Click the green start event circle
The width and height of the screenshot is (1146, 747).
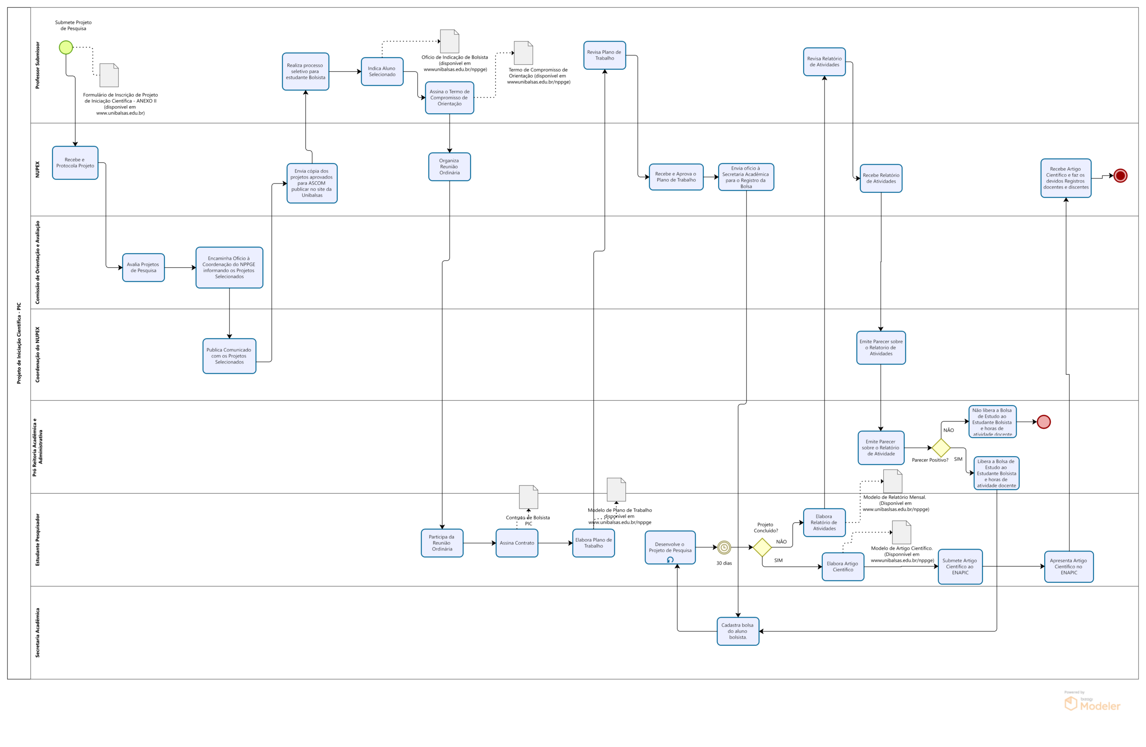pos(66,47)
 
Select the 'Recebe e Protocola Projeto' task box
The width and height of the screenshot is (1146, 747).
pos(75,162)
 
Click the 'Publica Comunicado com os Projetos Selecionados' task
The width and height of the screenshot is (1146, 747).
pos(229,356)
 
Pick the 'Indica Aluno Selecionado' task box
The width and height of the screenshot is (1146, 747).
pos(382,72)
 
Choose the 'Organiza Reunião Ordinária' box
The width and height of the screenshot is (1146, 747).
pos(449,167)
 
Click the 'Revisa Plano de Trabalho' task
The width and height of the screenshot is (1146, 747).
pos(604,55)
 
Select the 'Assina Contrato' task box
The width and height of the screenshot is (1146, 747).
pos(517,543)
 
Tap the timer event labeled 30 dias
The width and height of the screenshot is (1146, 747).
pos(724,547)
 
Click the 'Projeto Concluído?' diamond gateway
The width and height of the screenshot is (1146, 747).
pos(762,547)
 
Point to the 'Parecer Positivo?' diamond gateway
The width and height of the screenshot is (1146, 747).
pos(941,448)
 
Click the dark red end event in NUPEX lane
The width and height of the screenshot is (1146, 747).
pos(1120,176)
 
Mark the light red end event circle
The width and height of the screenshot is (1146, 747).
pos(1044,422)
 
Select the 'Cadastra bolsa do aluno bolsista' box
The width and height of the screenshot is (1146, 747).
pos(738,631)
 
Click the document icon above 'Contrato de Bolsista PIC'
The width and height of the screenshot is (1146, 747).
pos(528,497)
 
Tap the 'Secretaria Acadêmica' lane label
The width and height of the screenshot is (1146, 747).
pos(38,632)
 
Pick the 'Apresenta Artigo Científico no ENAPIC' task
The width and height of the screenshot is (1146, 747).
pos(1069,567)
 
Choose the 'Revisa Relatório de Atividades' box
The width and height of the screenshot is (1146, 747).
pos(824,62)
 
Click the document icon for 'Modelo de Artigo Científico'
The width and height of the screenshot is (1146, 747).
pos(902,532)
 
